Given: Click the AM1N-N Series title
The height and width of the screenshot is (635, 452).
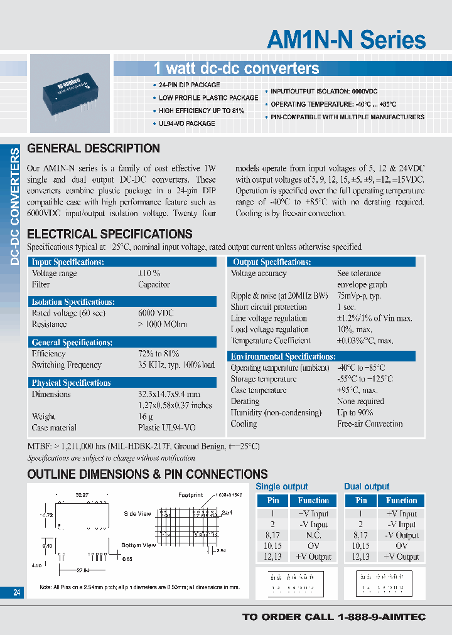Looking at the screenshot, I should [346, 40].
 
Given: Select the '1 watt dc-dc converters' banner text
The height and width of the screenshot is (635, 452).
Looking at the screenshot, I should [237, 68].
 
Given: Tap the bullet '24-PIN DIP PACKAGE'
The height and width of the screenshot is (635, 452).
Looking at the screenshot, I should [189, 85].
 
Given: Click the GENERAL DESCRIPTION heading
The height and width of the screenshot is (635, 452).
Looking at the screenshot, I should [94, 149].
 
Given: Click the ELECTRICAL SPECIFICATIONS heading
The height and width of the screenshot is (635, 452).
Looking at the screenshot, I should [110, 234].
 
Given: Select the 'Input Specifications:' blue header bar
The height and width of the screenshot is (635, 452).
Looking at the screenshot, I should [122, 262].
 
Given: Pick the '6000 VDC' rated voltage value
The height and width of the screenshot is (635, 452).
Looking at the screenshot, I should [156, 313].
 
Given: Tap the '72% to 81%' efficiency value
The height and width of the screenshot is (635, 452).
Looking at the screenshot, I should [158, 354].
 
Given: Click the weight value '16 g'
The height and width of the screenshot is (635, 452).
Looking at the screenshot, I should [146, 417].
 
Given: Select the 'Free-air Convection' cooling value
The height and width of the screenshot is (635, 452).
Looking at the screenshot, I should [370, 424].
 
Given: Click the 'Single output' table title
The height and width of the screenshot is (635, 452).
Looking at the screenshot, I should [282, 486].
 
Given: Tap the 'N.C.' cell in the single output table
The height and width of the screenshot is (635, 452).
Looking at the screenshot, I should [313, 535].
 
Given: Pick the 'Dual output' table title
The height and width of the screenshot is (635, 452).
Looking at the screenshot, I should [367, 486].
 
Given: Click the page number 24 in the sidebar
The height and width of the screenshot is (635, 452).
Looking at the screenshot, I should [16, 592].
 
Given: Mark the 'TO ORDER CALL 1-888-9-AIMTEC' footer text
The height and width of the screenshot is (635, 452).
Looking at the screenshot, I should [333, 617].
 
